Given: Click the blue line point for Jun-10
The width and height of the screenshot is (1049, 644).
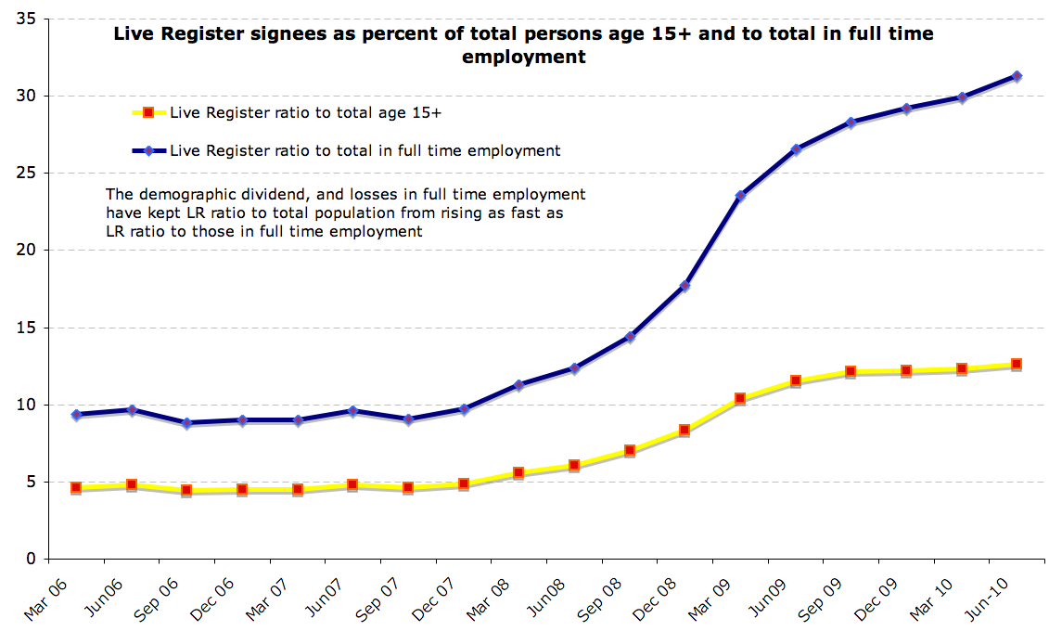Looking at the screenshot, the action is click(1017, 76).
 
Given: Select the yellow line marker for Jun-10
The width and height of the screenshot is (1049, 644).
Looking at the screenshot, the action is click(1017, 364).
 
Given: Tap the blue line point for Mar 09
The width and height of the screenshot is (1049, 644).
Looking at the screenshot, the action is click(740, 196).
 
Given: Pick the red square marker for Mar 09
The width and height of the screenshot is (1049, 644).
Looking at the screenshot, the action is click(740, 398).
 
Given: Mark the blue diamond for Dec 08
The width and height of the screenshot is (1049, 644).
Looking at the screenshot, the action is click(684, 286).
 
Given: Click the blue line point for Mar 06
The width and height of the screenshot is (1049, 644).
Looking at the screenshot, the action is click(76, 415).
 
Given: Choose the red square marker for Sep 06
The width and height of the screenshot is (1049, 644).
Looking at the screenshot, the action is click(186, 490).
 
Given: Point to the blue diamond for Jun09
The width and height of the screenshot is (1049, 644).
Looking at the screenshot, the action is click(796, 149).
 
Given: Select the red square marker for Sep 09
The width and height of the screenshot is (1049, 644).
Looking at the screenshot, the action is click(851, 371).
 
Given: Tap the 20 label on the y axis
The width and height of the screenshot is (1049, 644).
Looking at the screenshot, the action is click(26, 251).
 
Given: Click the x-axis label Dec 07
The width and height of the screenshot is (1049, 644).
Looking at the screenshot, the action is click(433, 599).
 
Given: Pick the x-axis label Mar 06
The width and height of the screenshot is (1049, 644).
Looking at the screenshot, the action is click(45, 599).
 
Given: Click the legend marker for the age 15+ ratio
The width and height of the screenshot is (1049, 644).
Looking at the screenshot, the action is click(148, 112).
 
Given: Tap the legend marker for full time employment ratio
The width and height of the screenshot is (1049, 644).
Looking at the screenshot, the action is click(148, 150).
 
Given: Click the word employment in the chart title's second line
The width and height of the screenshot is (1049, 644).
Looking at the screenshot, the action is click(524, 57).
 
